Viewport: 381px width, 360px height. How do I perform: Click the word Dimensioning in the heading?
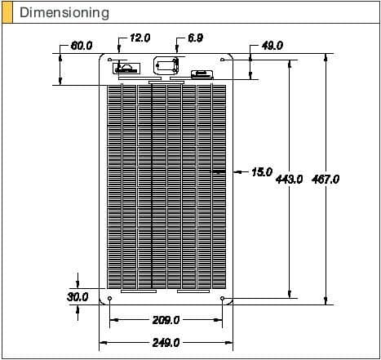click(64, 12)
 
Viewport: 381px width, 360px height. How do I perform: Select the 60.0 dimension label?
click(82, 46)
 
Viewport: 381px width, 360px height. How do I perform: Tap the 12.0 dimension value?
click(141, 38)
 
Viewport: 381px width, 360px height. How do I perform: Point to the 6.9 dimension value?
click(196, 38)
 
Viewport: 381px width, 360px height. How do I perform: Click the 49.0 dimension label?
click(272, 46)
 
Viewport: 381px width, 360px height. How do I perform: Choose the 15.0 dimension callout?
click(261, 172)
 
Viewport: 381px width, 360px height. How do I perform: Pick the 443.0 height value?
click(290, 179)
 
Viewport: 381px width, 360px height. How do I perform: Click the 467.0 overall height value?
click(326, 179)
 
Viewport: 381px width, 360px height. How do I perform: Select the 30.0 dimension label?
click(78, 297)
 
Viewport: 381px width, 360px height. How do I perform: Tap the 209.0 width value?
click(166, 320)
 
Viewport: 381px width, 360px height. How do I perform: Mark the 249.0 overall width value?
click(166, 343)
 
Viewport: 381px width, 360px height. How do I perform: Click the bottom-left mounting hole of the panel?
click(110, 299)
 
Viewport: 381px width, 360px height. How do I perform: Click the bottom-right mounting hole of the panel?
click(224, 299)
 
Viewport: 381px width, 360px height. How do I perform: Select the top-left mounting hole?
click(110, 59)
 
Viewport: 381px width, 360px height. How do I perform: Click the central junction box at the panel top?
click(166, 66)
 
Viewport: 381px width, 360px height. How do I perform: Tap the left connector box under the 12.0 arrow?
click(126, 68)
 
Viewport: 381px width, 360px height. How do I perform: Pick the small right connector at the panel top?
click(200, 74)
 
